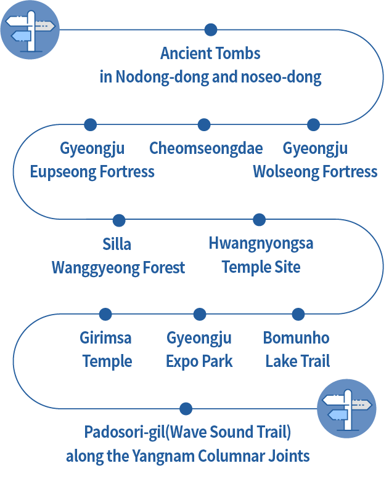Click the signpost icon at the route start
coord(30,30)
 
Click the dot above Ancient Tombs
coord(211,30)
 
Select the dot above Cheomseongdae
coord(204,125)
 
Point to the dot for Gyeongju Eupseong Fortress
coord(91,125)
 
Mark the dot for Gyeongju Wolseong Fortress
coord(313,125)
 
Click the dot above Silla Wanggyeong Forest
coord(119,220)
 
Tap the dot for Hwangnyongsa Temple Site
coord(260,220)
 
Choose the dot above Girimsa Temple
coord(105,315)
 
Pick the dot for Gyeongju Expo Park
coord(199,315)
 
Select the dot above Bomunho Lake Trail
coord(298,315)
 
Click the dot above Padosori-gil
coord(186,409)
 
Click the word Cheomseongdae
coord(206,148)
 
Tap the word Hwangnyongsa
coord(261,243)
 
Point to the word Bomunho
coord(296,338)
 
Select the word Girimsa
coord(105,338)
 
